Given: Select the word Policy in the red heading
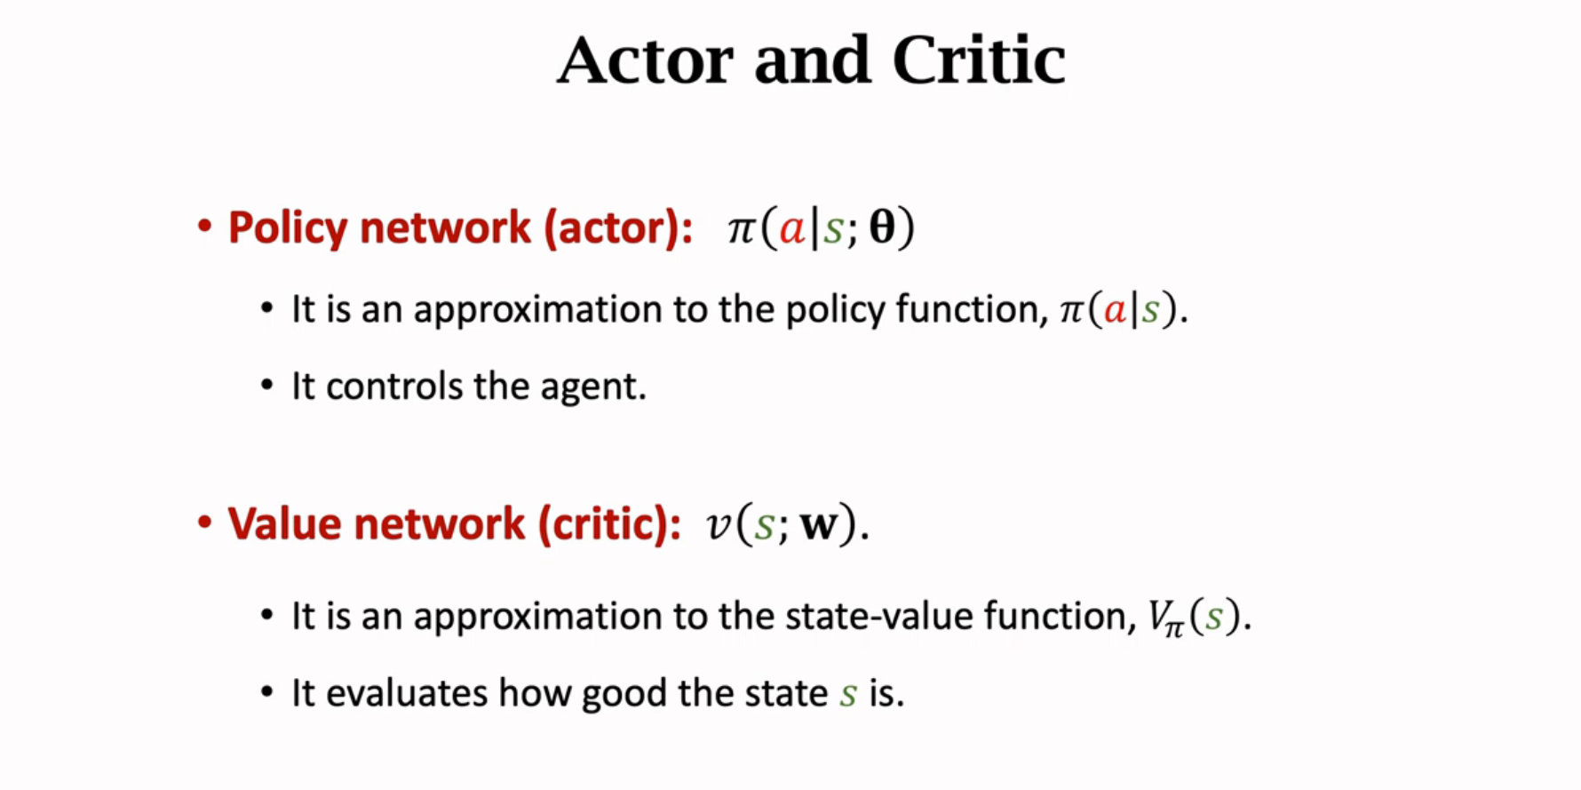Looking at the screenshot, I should (288, 228).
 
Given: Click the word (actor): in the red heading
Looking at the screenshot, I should (618, 228).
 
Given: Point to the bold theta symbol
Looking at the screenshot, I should (882, 227).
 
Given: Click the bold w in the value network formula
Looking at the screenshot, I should (818, 523).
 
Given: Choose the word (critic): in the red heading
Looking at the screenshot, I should (609, 523).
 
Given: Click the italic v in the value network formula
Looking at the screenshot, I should (717, 524).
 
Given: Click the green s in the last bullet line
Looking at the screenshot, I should (848, 694).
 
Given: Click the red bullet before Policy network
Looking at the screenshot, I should (204, 226).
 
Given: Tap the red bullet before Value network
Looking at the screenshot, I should (204, 522).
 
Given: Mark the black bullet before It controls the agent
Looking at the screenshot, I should (266, 386).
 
